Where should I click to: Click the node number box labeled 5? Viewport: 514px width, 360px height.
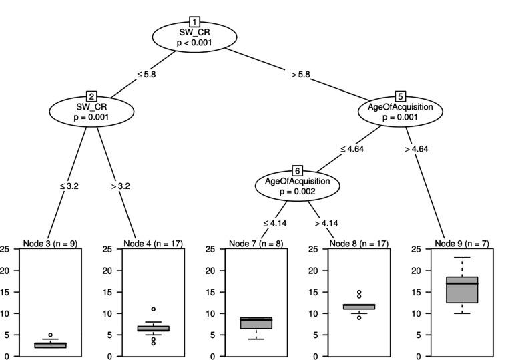click(x=400, y=96)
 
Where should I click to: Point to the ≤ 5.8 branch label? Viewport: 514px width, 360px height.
click(x=146, y=74)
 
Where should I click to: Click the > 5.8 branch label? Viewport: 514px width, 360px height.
click(x=300, y=74)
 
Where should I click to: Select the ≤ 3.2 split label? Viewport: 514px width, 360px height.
click(x=69, y=186)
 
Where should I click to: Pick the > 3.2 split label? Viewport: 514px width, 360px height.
click(x=120, y=186)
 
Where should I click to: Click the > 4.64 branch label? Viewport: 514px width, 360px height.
click(x=415, y=148)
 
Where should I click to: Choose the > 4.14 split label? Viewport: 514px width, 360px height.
click(x=324, y=222)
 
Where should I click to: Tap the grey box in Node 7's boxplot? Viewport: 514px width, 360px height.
click(x=256, y=323)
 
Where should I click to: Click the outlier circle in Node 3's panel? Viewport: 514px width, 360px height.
click(x=51, y=335)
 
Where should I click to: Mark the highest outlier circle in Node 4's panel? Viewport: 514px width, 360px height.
click(x=154, y=309)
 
